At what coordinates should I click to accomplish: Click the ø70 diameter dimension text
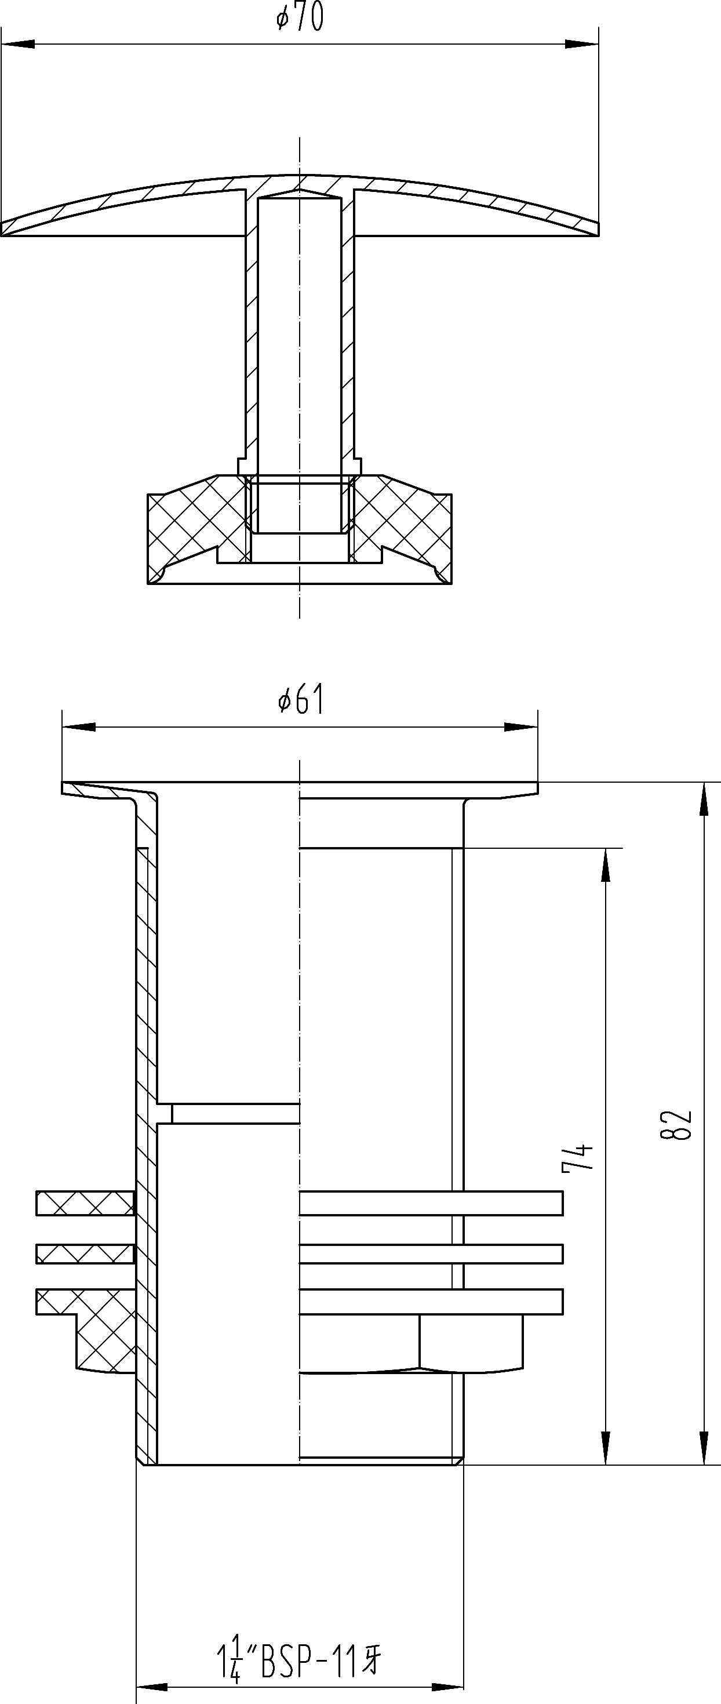tap(300, 18)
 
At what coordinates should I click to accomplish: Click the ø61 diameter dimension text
tap(301, 700)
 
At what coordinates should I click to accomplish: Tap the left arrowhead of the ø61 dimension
tap(79, 727)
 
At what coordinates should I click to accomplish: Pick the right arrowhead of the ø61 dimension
tap(521, 727)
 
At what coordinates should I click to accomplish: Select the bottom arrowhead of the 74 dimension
tap(605, 1448)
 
